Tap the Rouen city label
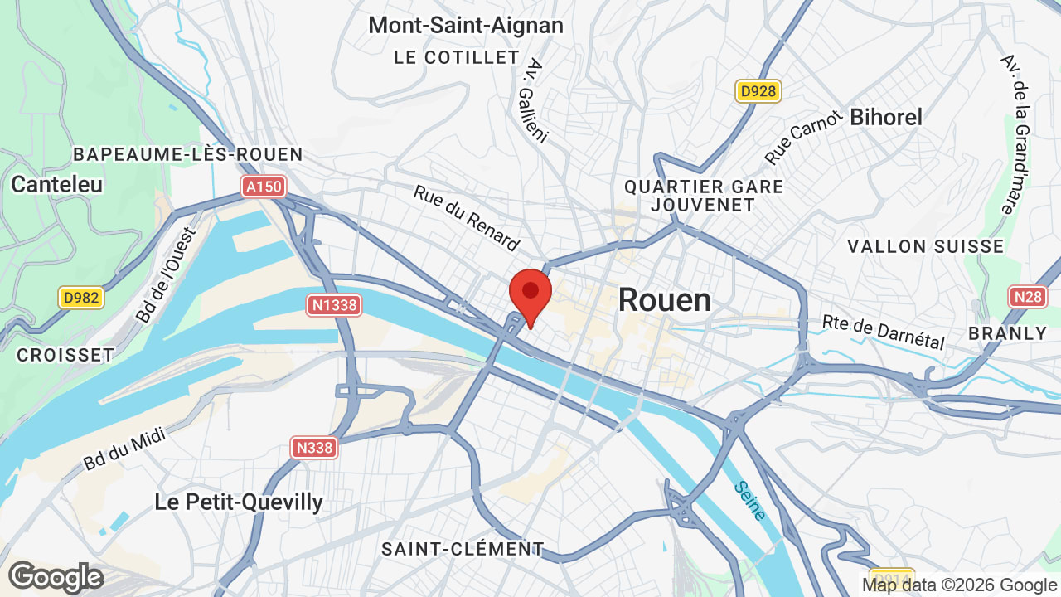tap(664, 300)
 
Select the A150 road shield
tap(264, 187)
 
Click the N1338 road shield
tap(335, 305)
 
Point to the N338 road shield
tap(314, 448)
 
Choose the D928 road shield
tap(758, 91)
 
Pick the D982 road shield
tap(81, 298)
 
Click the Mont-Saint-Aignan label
tap(466, 26)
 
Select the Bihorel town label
tap(886, 117)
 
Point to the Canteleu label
tap(56, 184)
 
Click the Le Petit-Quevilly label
tap(239, 502)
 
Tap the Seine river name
tap(749, 500)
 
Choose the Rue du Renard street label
tap(467, 217)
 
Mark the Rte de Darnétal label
tap(883, 332)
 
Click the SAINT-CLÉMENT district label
tap(463, 549)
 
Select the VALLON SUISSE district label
tap(925, 246)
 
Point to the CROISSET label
tap(65, 355)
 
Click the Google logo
tap(56, 577)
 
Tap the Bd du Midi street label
tap(125, 446)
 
